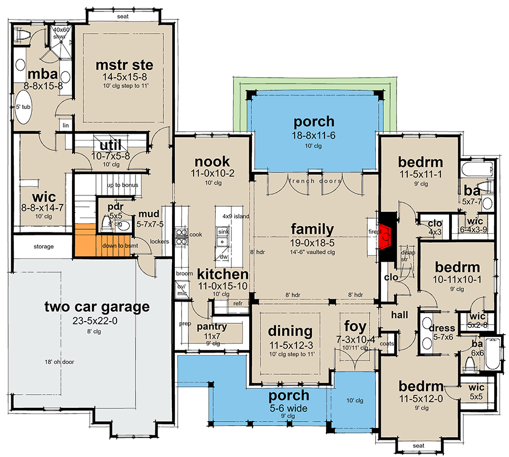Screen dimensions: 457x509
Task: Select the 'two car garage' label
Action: tap(97, 307)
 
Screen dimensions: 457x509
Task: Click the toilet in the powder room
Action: tap(106, 222)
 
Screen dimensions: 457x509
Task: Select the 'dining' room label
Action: tap(290, 331)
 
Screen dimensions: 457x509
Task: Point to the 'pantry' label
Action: tap(211, 327)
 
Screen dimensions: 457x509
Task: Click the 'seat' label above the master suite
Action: tap(122, 17)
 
